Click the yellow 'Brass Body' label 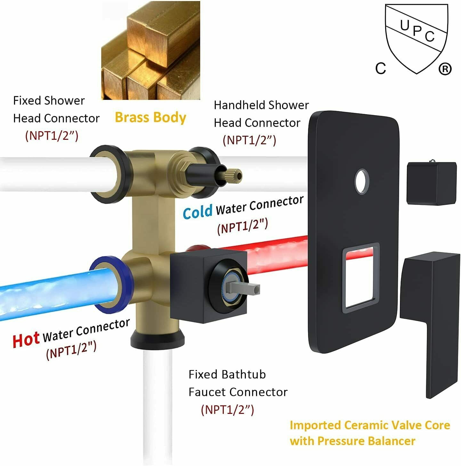[150, 117]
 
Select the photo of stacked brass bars [150, 50]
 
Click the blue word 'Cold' [197, 212]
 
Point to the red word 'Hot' [26, 340]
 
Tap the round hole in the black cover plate [362, 181]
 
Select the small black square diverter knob [431, 183]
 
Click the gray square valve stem [243, 288]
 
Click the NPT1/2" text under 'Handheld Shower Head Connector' [249, 140]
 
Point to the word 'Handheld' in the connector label [239, 105]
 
